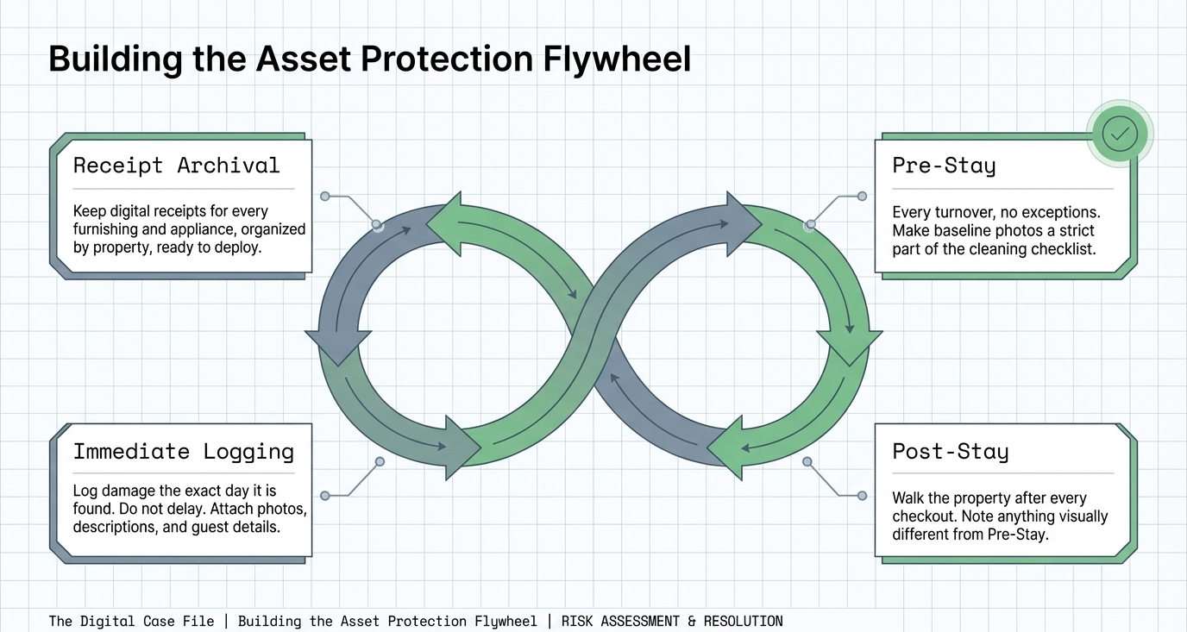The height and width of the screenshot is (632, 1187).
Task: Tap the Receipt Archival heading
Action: [176, 166]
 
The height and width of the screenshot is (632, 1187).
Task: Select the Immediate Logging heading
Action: [183, 451]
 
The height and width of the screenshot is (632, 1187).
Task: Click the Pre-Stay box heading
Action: [944, 166]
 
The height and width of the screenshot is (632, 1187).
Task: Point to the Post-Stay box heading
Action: [950, 451]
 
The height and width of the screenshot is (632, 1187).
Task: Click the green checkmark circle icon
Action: [1120, 134]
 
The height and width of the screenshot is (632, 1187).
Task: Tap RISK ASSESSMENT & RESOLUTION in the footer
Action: [672, 621]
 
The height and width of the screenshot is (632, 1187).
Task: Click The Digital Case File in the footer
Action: [131, 621]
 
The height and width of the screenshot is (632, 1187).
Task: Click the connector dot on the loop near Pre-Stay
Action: [809, 225]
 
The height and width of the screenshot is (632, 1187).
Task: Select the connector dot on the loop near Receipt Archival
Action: [376, 224]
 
